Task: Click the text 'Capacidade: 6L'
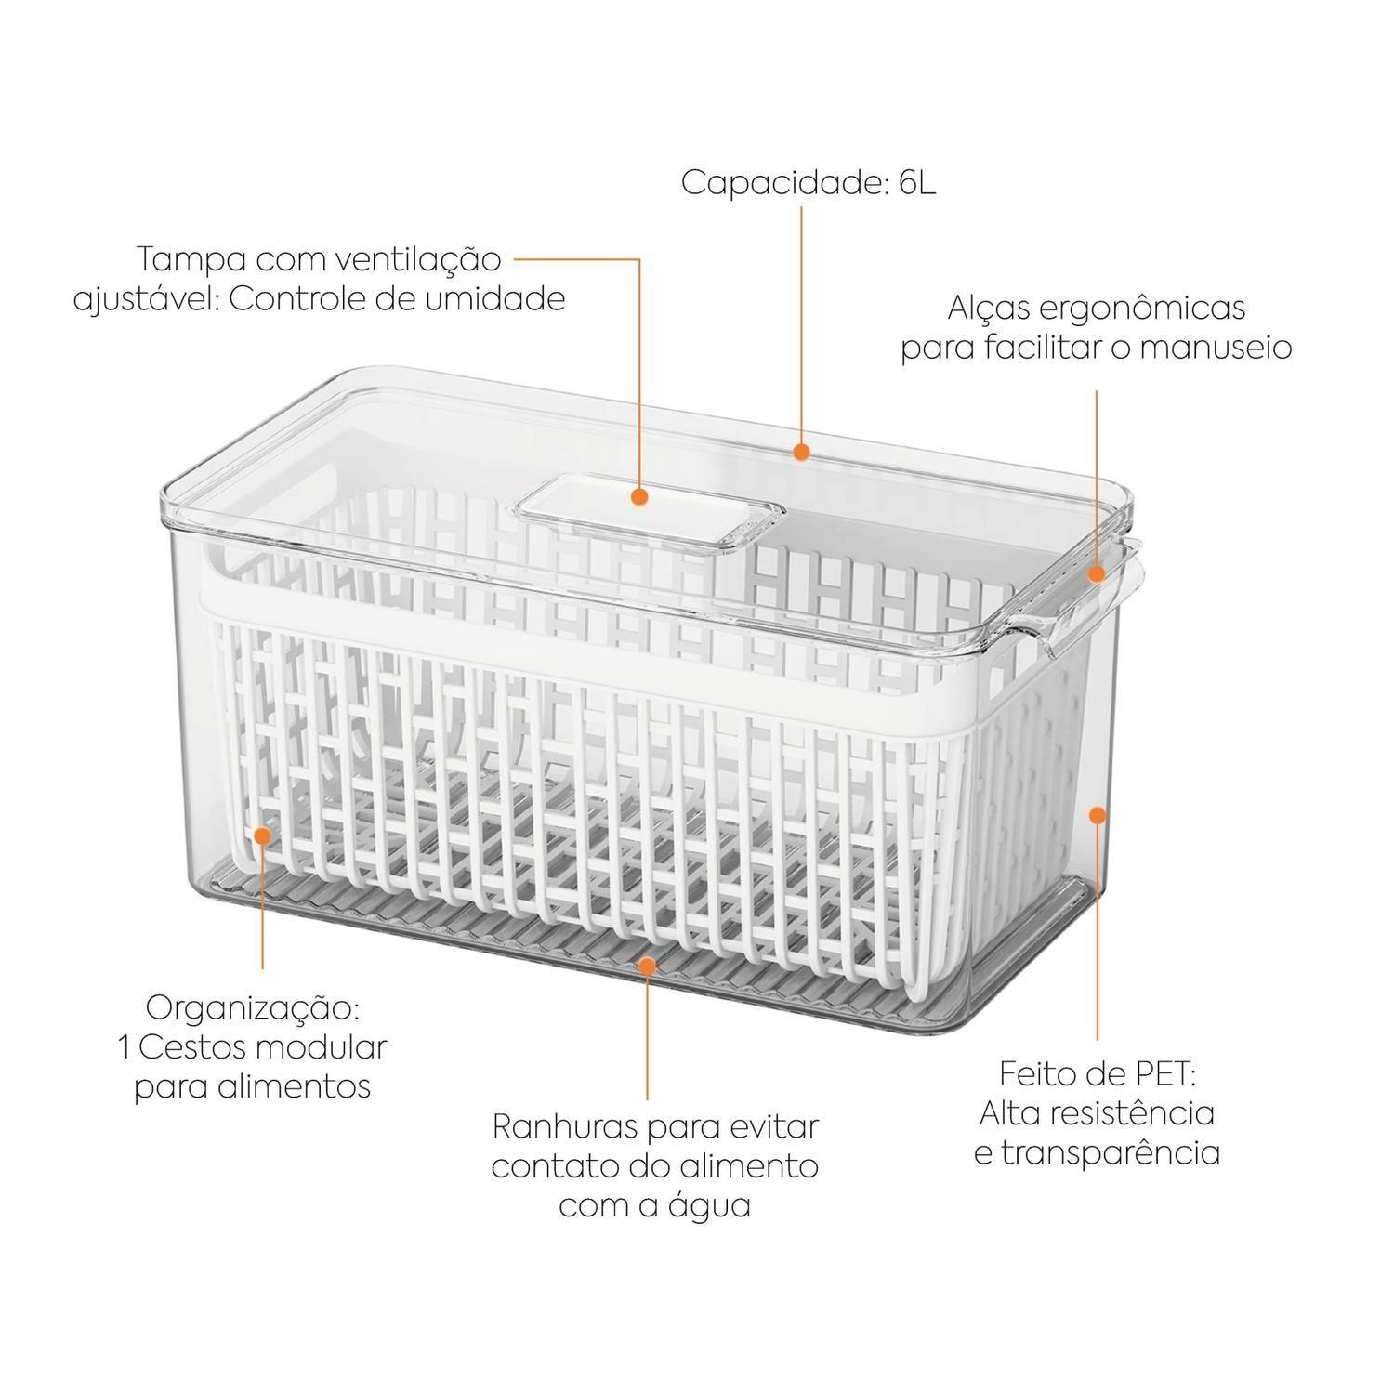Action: point(809,183)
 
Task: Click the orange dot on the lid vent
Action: point(639,497)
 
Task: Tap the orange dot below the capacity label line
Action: point(802,452)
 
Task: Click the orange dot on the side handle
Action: point(1097,574)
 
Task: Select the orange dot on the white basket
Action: point(263,835)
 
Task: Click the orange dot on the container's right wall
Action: point(1098,815)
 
